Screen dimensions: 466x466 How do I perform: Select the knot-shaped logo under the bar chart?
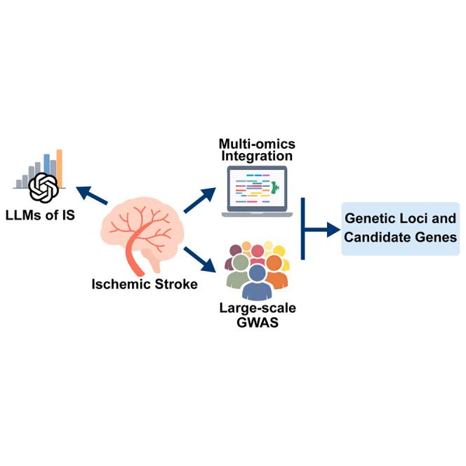44,188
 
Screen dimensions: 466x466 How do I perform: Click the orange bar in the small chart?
60,168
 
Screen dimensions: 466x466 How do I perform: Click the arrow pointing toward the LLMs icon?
91,194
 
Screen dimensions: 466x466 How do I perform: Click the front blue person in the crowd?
257,282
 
